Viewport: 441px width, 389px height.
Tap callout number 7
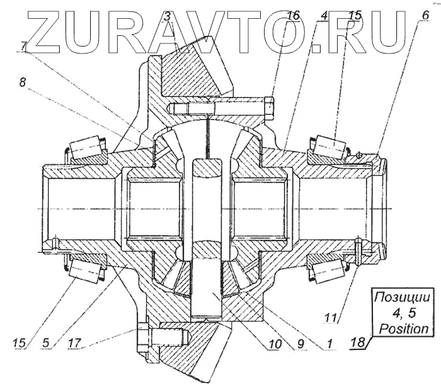[x=23, y=45]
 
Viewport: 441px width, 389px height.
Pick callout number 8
[x=23, y=82]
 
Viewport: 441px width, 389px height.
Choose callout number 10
[x=272, y=344]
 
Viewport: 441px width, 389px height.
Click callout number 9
[x=301, y=344]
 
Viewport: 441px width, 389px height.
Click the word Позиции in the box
[x=403, y=296]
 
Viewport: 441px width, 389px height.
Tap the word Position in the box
[x=403, y=328]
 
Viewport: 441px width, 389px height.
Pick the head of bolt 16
[x=270, y=108]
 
